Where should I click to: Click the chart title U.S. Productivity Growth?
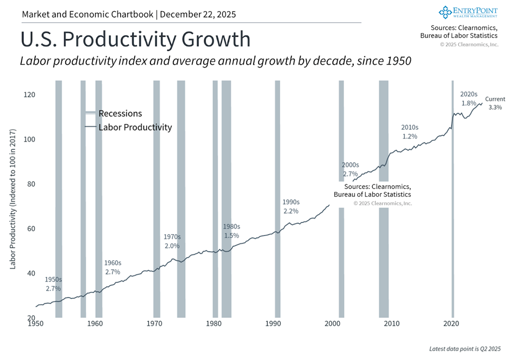click(135, 39)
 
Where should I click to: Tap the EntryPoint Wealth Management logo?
click(468, 12)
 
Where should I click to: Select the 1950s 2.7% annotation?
click(53, 284)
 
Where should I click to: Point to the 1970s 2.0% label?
click(172, 242)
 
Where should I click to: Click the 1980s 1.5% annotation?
click(231, 231)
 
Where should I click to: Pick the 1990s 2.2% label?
click(291, 207)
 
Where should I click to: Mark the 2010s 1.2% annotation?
click(409, 132)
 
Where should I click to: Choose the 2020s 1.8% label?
click(469, 99)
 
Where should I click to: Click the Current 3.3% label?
click(495, 103)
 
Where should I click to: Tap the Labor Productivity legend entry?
click(135, 127)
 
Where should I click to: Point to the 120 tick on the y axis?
click(29, 95)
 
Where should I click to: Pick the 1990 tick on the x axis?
click(273, 323)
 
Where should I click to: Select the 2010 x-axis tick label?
click(392, 323)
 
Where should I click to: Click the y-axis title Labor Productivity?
click(13, 199)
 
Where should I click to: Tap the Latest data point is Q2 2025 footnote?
click(465, 349)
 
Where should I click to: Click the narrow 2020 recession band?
click(452, 200)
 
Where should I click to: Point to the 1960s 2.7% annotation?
click(113, 267)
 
